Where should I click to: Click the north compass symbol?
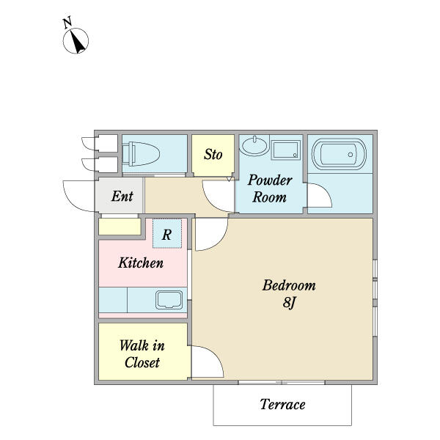click(76, 41)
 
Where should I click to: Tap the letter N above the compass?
click(67, 23)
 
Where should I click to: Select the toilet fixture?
click(141, 154)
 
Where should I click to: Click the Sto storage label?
click(213, 154)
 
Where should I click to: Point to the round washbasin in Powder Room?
click(254, 146)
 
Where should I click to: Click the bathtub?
click(339, 154)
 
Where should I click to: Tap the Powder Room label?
click(270, 188)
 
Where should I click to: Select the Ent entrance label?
click(122, 196)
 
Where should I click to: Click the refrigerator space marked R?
click(167, 234)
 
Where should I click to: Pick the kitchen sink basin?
click(169, 300)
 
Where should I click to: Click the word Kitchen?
click(141, 263)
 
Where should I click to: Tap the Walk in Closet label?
click(142, 354)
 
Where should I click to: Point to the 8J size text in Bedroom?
click(290, 303)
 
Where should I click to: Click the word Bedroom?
click(289, 285)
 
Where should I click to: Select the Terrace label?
click(282, 404)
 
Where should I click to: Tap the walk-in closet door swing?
click(216, 353)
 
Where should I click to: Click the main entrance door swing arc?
click(68, 199)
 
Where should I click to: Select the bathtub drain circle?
click(351, 155)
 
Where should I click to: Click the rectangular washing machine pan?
click(286, 150)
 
